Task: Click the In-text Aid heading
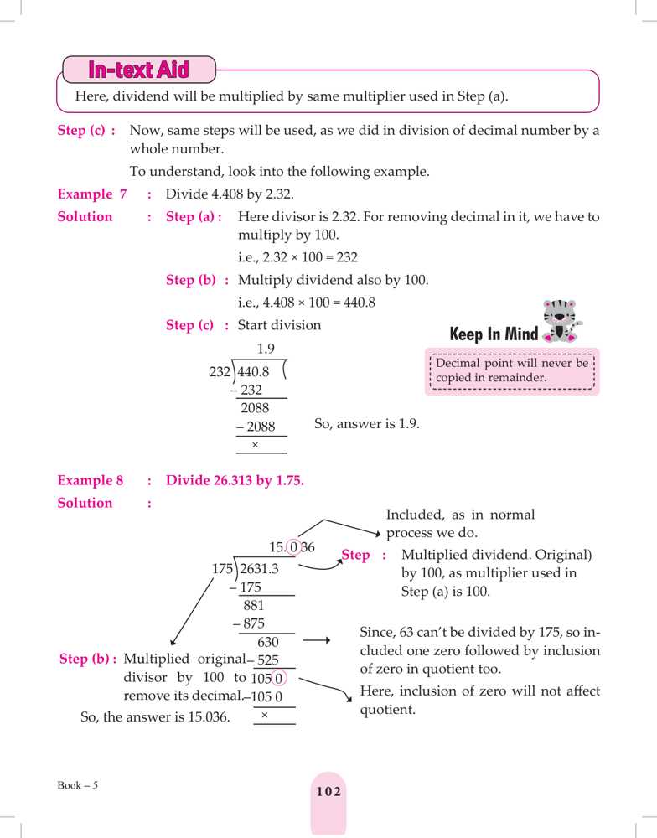click(139, 70)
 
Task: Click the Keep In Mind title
click(494, 334)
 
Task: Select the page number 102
click(328, 792)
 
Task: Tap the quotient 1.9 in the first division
click(266, 349)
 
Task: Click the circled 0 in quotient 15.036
click(292, 548)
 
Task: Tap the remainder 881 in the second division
click(254, 605)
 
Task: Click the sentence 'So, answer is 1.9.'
click(366, 424)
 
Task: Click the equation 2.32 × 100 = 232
click(297, 258)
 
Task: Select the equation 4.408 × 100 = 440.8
click(306, 303)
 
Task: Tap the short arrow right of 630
click(316, 641)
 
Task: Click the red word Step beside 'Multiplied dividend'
click(356, 555)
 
